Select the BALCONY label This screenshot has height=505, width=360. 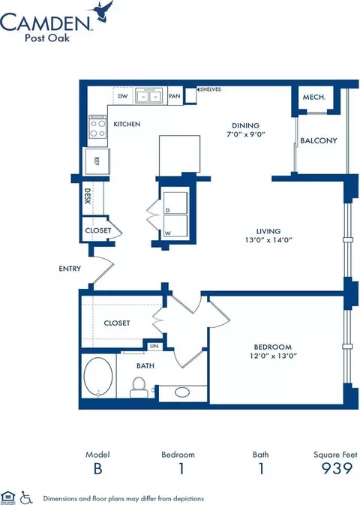click(x=318, y=140)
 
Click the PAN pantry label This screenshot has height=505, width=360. click(x=174, y=96)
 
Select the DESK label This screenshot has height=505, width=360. click(x=87, y=197)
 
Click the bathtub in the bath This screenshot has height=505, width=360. click(x=99, y=378)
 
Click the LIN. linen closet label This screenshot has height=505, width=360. click(x=154, y=346)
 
